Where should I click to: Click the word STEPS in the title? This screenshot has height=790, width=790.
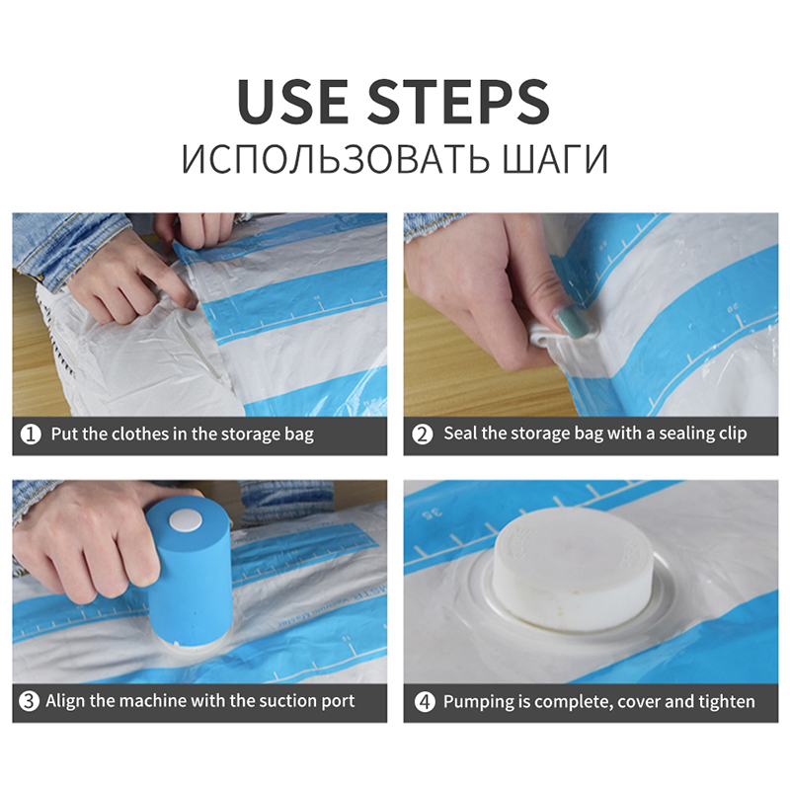pos(458,102)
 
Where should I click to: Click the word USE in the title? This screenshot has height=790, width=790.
pos(292,102)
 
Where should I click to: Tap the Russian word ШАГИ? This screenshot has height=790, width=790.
pos(555,159)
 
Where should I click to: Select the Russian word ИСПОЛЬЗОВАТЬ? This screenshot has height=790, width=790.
pos(335,159)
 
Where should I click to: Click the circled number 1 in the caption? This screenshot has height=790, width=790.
pos(31,434)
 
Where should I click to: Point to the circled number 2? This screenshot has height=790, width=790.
pos(423,434)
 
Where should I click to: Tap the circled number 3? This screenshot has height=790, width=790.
pos(29,701)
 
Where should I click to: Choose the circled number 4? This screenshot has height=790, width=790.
pos(425,701)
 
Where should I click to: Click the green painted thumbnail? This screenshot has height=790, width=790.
pos(568,323)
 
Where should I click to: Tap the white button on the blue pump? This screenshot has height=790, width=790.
pos(186,521)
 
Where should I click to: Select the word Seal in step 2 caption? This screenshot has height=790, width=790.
pos(460,434)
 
